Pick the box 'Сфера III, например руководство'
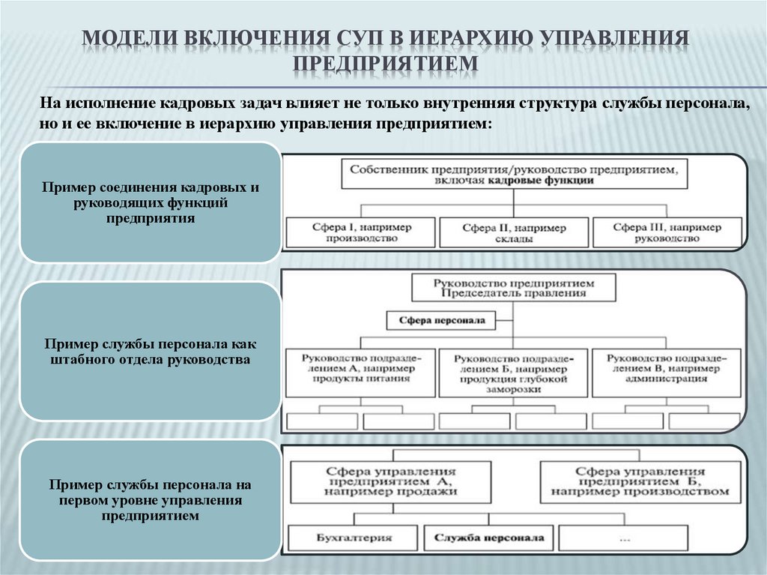tap(666, 232)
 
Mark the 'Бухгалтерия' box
tap(351, 538)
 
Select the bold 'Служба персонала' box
tap(483, 538)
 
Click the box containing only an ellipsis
tap(624, 538)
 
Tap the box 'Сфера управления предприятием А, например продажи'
tap(390, 482)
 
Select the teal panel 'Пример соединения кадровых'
tap(150, 202)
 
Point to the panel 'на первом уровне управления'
tap(150, 500)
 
